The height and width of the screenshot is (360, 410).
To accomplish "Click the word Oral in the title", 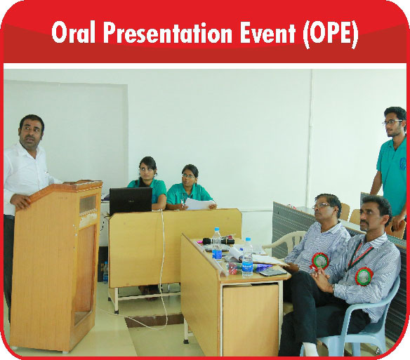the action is [x=73, y=33].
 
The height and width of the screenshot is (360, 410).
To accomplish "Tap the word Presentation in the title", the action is [x=168, y=33].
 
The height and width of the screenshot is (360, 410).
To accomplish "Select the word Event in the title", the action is [x=268, y=33].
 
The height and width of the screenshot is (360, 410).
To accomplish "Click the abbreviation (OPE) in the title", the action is [x=331, y=34].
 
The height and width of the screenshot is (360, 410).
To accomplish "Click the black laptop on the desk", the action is [x=131, y=201].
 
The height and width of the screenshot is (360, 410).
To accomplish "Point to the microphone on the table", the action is [x=218, y=241].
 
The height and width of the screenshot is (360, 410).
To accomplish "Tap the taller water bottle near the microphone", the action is [x=217, y=244].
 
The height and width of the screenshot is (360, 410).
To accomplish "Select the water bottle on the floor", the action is [x=105, y=272].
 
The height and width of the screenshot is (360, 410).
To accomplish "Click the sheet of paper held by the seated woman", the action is [x=200, y=204].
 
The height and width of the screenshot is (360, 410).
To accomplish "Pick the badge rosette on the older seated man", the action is [x=319, y=260].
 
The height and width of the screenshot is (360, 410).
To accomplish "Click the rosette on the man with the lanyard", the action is [x=364, y=276].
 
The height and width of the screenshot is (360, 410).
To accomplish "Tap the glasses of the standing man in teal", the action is [x=392, y=122].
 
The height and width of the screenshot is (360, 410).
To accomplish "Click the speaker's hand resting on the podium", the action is [x=20, y=201].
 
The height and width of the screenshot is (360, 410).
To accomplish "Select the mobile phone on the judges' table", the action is [x=272, y=272].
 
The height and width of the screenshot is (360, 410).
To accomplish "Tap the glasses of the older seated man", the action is [x=321, y=206].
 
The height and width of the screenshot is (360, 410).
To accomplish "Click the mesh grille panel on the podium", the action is [x=88, y=204].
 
